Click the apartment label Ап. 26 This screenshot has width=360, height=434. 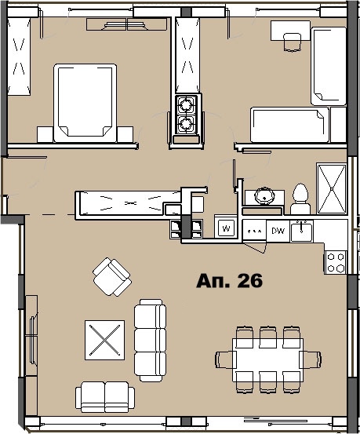coord(229,281)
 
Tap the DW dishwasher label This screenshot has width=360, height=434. coord(278,231)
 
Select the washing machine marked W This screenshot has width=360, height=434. coord(226,229)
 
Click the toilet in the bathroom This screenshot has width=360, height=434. coord(300,199)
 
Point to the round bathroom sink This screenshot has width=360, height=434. coord(265,195)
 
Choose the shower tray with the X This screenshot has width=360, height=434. coord(332,189)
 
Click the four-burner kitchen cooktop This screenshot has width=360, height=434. coord(336,262)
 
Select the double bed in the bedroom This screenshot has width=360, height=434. coord(85,103)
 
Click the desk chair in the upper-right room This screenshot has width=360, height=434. coord(293,42)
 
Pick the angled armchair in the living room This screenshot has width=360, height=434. coord(112,277)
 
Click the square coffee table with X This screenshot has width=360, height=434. coord(104,340)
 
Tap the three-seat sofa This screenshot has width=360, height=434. coord(150,340)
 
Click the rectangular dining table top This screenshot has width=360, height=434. coord(268,359)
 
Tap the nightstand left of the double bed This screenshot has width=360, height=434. coord(45,134)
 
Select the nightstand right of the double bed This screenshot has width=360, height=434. coord(125,134)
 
